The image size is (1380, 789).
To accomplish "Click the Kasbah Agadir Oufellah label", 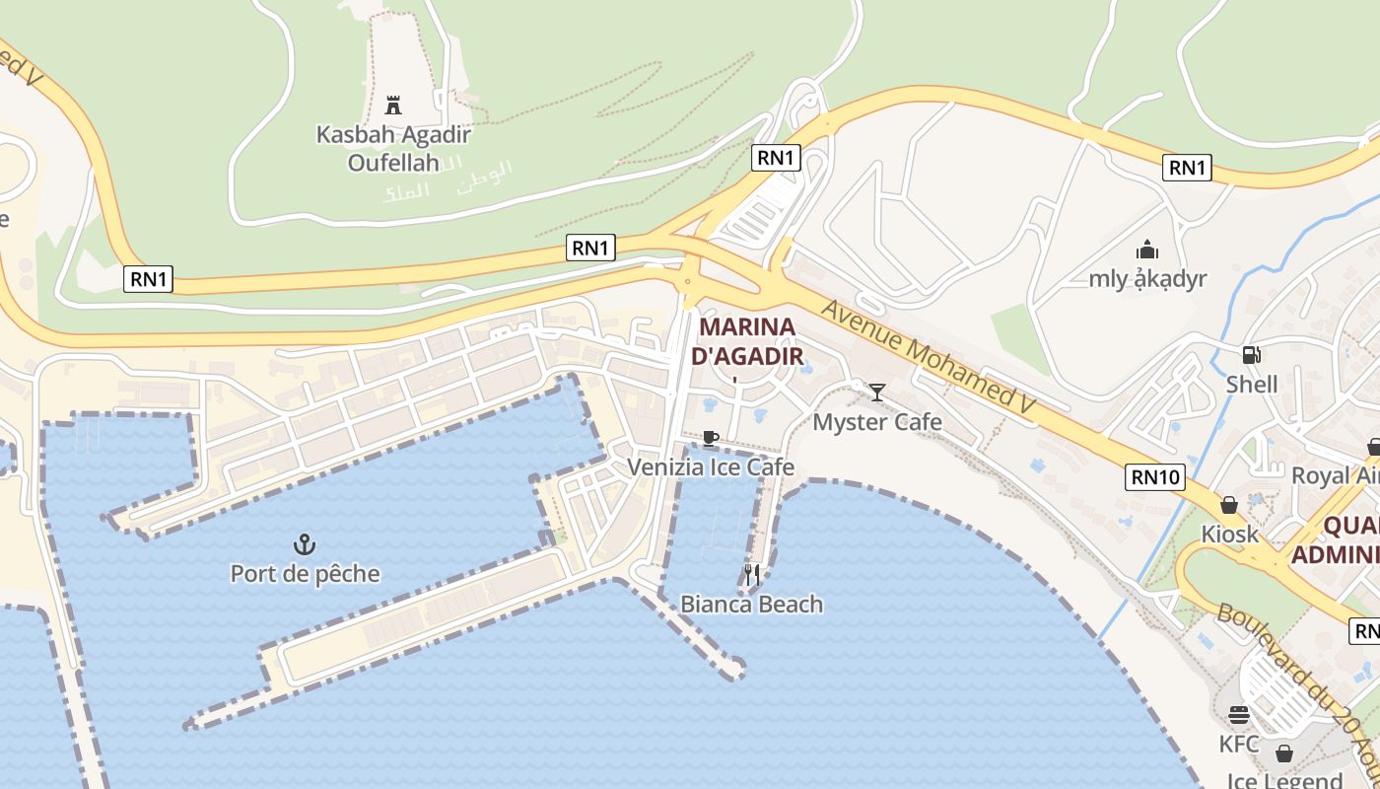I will (393, 148).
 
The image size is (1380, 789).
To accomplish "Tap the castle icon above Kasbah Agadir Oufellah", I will (393, 105).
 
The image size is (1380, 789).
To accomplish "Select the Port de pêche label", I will (305, 573).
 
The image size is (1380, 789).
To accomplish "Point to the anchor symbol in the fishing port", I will (305, 543).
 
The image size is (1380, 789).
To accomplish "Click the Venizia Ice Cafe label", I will (711, 466).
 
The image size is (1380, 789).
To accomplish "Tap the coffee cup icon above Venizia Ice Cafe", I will (710, 437).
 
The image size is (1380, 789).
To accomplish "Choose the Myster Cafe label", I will (876, 422).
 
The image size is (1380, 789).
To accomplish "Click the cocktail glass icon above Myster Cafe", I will (876, 393).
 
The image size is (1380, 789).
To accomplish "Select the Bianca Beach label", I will (751, 604).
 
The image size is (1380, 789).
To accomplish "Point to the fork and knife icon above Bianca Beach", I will (752, 574).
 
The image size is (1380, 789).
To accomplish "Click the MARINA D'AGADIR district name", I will (747, 340).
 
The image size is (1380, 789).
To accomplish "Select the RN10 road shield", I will (1154, 477).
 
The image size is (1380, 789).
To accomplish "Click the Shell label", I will (1251, 385).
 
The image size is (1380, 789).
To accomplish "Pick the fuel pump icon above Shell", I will (1251, 355).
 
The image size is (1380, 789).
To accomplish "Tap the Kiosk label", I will (1229, 535).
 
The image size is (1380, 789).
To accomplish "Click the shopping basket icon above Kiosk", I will (1229, 506).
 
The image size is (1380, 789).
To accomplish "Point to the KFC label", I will (1239, 744).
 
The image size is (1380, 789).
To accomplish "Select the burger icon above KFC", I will (1239, 715).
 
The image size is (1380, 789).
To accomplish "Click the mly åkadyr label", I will (1147, 279).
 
